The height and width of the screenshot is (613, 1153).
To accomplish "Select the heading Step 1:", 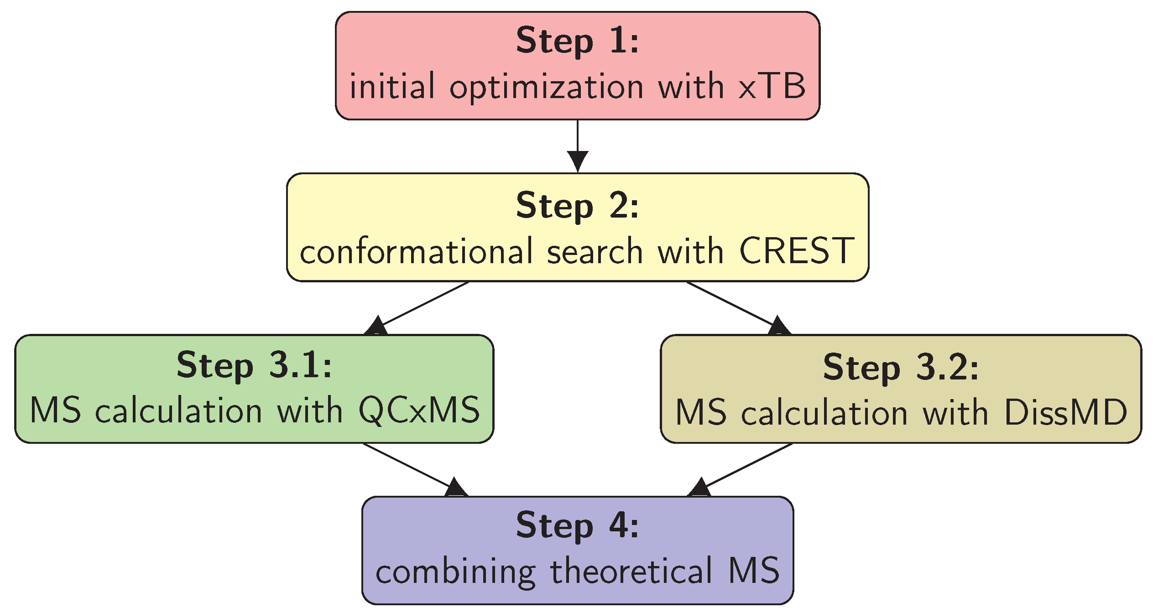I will (577, 41).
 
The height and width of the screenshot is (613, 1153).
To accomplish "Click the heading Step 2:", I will (577, 206).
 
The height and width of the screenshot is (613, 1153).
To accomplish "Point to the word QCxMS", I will (419, 410).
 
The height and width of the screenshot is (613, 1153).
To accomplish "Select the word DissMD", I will (1066, 412).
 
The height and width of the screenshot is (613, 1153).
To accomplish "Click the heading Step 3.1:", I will (254, 366).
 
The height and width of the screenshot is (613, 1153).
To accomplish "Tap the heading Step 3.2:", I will (901, 368).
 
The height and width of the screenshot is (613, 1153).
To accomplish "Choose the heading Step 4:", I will (577, 526).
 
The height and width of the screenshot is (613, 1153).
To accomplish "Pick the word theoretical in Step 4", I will (631, 571).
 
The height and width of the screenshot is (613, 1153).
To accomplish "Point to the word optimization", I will (546, 87).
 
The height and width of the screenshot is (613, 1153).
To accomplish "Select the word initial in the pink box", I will (392, 86).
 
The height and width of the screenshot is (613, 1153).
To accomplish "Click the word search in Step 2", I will (595, 252).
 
